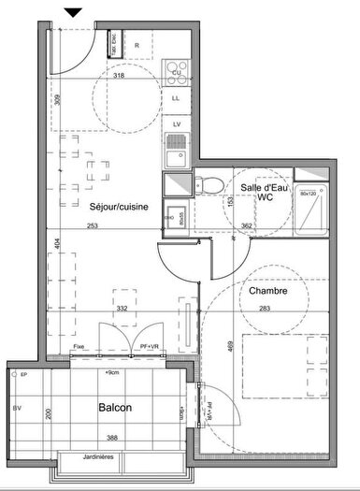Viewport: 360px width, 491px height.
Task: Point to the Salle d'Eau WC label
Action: [x=263, y=194]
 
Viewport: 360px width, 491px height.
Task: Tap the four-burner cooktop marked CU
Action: [x=176, y=70]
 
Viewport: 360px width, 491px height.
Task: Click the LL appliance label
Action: [x=176, y=96]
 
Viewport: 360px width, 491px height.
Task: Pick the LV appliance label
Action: [x=176, y=123]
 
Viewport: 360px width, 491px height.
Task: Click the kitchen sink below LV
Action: [x=175, y=150]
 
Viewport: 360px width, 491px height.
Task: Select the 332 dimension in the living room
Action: [x=122, y=309]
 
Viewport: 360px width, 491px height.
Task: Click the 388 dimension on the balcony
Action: [x=111, y=440]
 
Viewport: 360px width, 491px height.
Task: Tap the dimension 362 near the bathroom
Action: [x=247, y=225]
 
